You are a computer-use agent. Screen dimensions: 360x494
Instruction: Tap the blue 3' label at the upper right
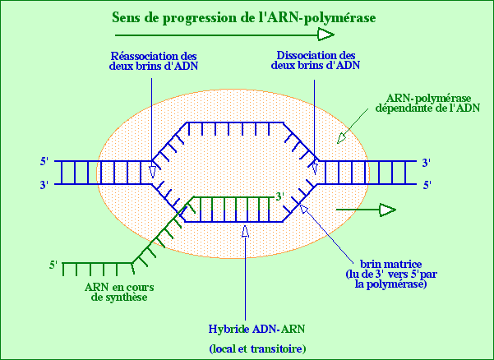(x=425, y=162)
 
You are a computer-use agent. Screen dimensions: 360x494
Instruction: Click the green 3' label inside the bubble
(x=280, y=196)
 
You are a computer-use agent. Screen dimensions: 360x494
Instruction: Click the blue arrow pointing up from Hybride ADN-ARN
(x=244, y=234)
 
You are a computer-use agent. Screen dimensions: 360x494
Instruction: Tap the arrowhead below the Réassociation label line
(x=153, y=171)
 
